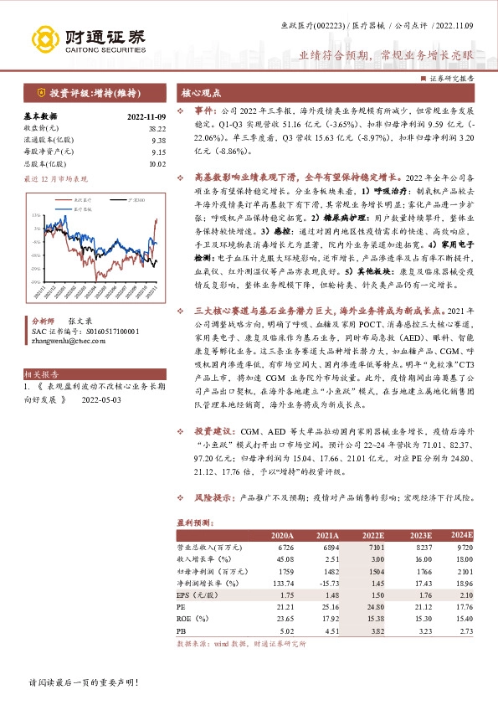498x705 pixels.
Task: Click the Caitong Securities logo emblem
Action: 44,37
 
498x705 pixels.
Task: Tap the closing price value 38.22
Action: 157,128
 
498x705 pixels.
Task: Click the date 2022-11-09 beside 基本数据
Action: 147,116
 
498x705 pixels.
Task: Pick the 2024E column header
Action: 462,535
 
